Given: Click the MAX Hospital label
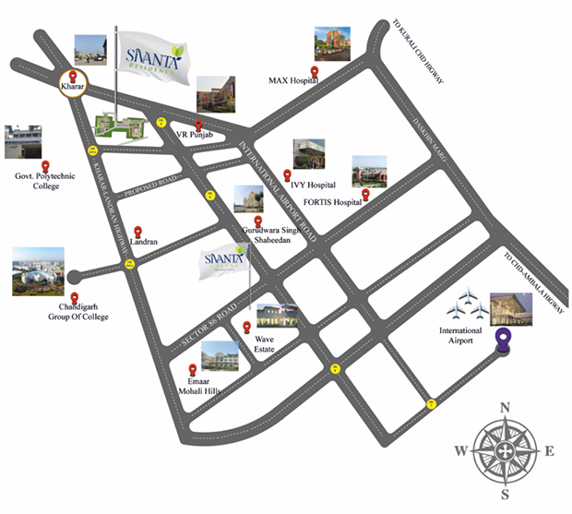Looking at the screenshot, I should pos(293,81).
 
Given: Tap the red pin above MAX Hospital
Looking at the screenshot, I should pos(316,71).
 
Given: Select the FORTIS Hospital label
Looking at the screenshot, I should pos(333,202).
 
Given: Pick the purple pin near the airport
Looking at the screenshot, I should pos(504,341).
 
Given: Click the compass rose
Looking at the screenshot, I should pos(505,450).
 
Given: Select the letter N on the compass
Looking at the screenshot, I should pos(505,408).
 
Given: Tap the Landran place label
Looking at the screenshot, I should pos(146,242).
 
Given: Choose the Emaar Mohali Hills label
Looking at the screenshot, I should pos(199,385).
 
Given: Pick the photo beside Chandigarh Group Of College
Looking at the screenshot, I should pos(38,271).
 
